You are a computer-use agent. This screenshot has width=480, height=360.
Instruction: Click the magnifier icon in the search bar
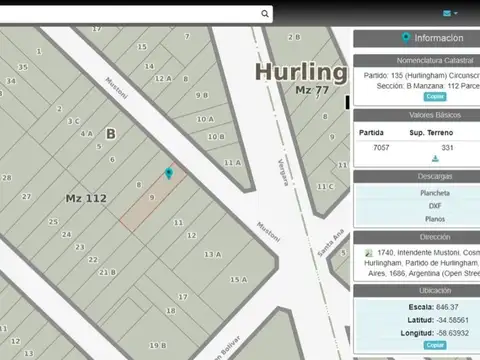pyautogui.click(x=264, y=14)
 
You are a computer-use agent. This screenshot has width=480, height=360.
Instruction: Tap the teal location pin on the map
pyautogui.click(x=169, y=173)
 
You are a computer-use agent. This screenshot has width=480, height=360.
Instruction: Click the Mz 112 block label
pyautogui.click(x=86, y=198)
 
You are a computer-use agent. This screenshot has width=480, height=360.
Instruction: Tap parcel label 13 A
pyautogui.click(x=212, y=254)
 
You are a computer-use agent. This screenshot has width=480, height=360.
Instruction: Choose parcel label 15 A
pyautogui.click(x=237, y=279)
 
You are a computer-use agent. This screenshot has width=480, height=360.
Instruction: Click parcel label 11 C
pyautogui.click(x=325, y=186)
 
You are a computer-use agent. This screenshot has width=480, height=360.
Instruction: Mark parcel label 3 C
pyautogui.click(x=73, y=121)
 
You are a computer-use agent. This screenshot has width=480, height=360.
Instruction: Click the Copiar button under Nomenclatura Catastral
pyautogui.click(x=435, y=96)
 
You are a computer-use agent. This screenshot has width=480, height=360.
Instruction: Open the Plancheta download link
pyautogui.click(x=435, y=193)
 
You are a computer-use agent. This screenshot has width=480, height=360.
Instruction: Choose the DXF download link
pyautogui.click(x=435, y=205)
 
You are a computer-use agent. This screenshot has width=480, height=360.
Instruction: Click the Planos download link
pyautogui.click(x=435, y=218)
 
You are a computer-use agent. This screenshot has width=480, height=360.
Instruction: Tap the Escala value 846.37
pyautogui.click(x=447, y=307)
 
